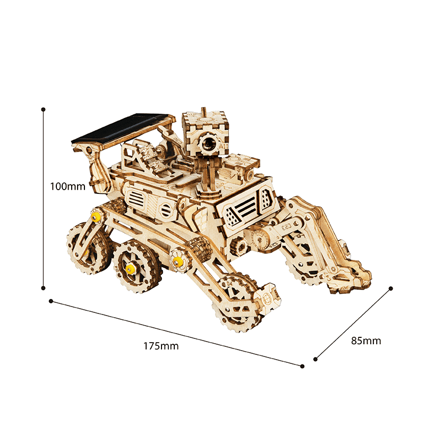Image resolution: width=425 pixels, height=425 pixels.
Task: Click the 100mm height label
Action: (68, 186)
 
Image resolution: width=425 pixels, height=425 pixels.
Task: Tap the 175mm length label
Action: (161, 346)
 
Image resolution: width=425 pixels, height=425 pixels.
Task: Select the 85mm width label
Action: (366, 341)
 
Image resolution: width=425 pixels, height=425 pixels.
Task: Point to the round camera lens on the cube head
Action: (208, 143)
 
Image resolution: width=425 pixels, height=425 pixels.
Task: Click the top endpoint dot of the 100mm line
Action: (43, 109)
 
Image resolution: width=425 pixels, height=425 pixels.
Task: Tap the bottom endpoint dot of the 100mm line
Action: (43, 288)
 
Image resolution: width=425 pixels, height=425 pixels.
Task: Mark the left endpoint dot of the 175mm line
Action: (51, 301)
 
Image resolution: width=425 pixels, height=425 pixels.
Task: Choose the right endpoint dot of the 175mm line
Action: (302, 366)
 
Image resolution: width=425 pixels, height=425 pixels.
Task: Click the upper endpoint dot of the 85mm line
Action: (390, 288)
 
